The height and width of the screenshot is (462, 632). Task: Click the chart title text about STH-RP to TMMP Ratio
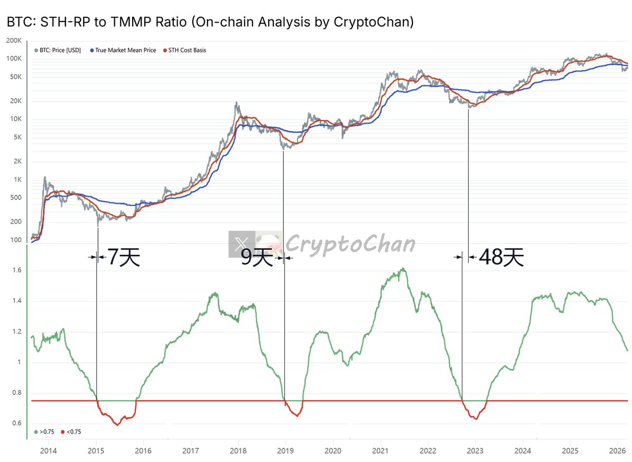coord(210,22)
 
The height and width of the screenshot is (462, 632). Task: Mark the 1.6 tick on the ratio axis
coord(17,271)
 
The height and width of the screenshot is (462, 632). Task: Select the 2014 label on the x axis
coord(48,450)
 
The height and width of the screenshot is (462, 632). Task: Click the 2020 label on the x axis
coord(333,450)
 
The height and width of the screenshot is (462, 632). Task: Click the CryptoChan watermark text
coord(351,244)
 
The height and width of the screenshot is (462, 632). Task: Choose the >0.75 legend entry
coord(45,431)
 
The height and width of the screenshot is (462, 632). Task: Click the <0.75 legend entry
coord(72,431)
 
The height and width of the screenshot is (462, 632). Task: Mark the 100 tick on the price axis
coord(16,240)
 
